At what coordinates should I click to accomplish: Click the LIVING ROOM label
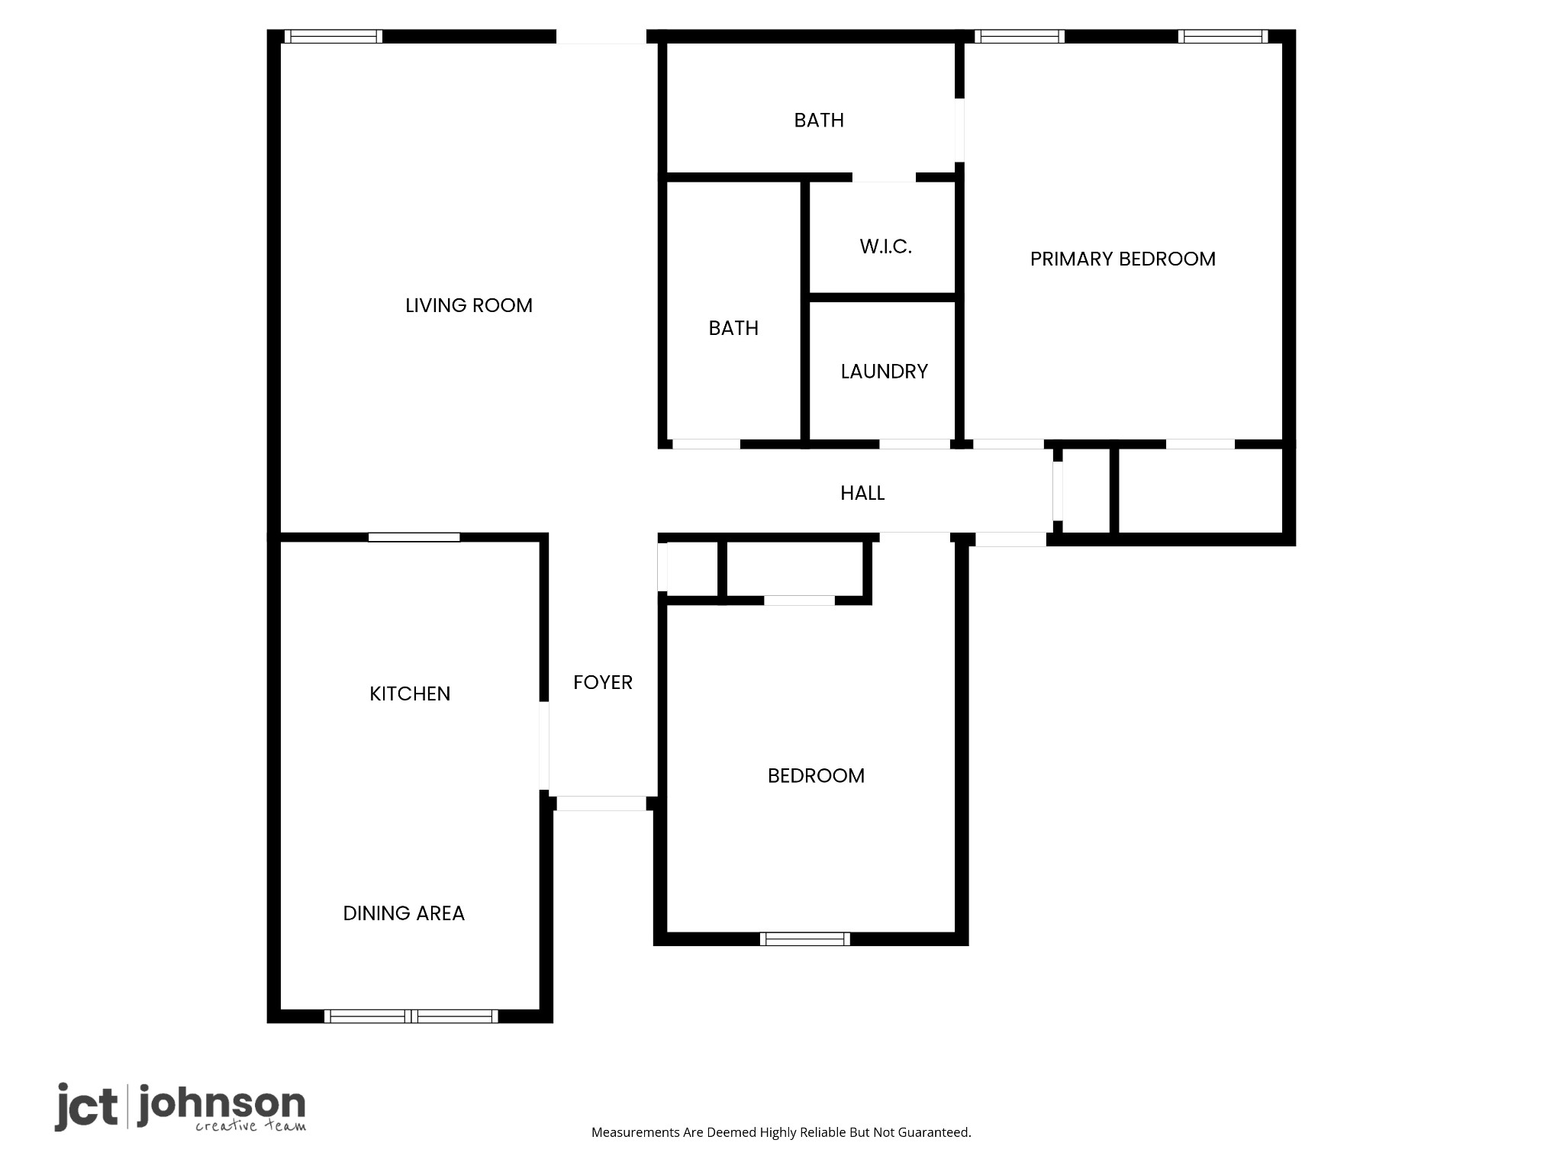click(469, 305)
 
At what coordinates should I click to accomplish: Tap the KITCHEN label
click(410, 694)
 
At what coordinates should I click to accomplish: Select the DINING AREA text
click(404, 913)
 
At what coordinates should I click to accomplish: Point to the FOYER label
click(603, 682)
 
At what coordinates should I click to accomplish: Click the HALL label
click(862, 493)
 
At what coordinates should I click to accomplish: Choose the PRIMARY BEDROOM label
click(1123, 259)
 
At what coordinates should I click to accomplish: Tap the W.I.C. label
click(885, 246)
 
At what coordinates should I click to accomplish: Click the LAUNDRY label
click(885, 372)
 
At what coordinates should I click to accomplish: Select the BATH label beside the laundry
click(733, 328)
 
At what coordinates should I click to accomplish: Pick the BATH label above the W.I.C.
click(819, 121)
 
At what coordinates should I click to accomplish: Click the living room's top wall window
click(334, 37)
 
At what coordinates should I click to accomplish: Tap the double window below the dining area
click(411, 1016)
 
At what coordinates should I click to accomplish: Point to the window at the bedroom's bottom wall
click(805, 939)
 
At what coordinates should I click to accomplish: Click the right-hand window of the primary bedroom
click(1223, 37)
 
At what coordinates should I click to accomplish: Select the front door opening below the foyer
click(601, 803)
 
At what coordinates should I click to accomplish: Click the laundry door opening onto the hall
click(914, 444)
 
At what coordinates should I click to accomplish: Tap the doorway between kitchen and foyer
click(544, 745)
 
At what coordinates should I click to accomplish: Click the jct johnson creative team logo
click(180, 1107)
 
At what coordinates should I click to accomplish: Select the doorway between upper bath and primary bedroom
click(959, 130)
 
